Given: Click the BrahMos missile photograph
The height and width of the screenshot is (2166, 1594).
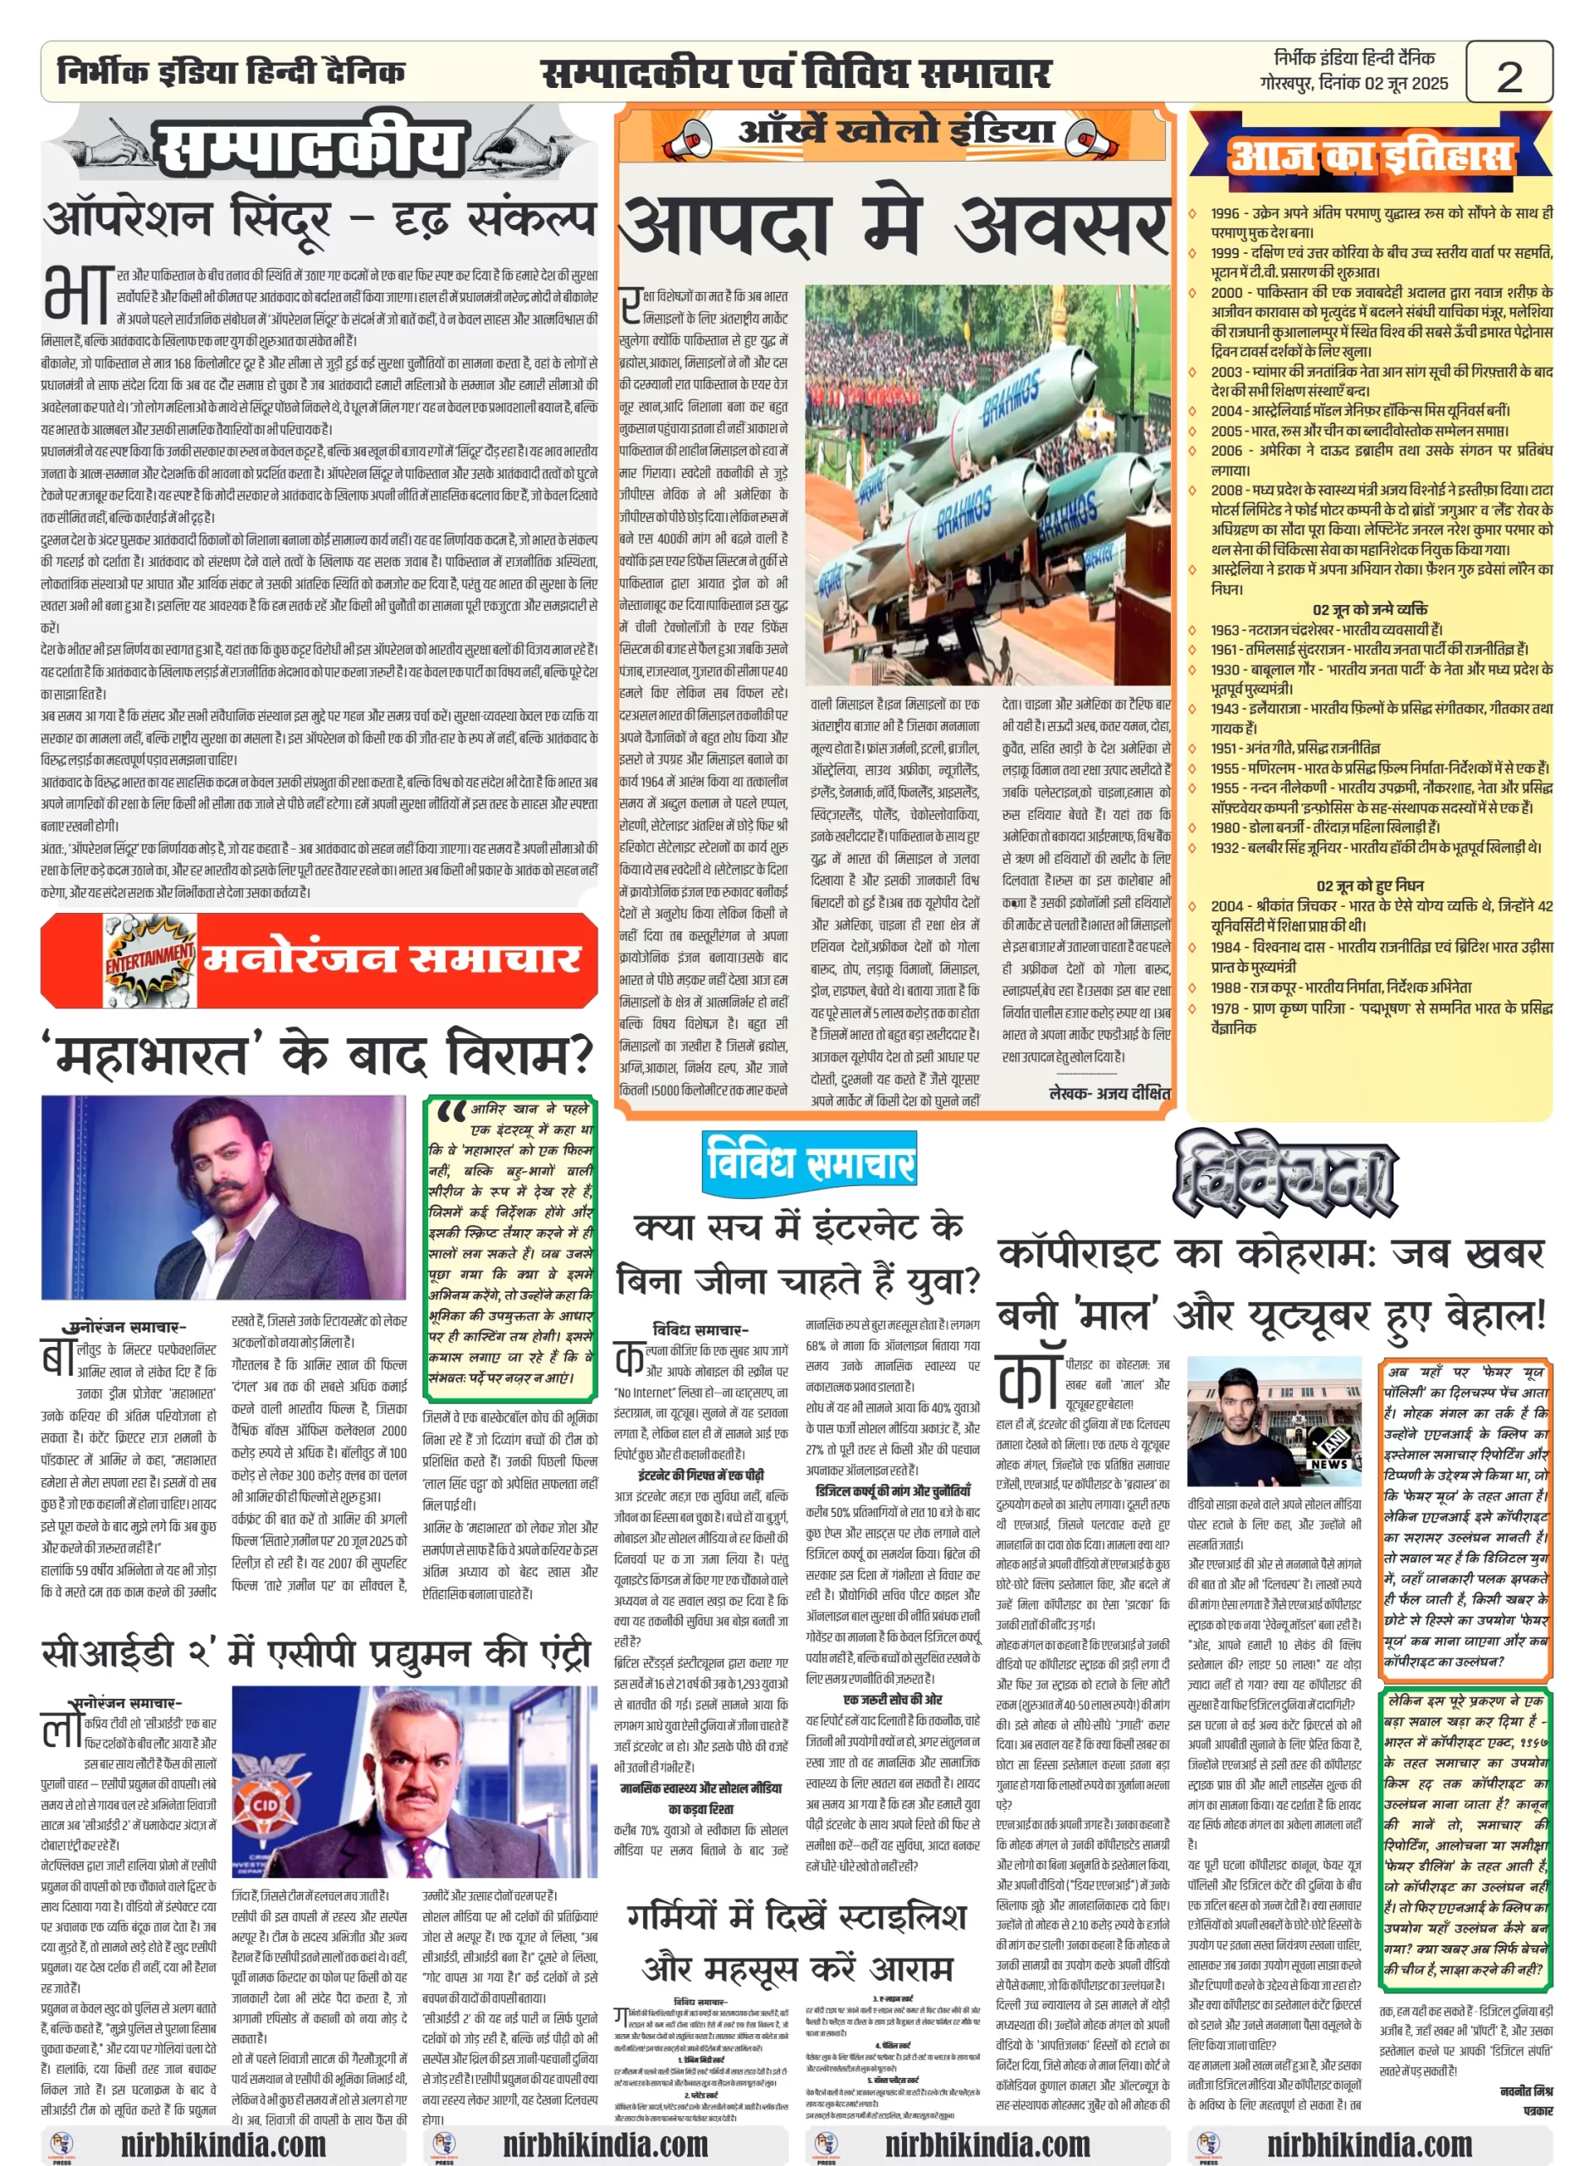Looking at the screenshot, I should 987,484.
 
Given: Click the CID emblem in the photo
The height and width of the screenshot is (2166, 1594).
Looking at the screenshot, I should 266,1802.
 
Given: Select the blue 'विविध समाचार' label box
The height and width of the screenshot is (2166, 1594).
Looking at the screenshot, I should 810,1161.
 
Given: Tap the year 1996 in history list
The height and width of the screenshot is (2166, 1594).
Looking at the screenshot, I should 1225,213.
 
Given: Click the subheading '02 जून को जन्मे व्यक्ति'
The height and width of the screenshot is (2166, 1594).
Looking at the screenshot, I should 1370,609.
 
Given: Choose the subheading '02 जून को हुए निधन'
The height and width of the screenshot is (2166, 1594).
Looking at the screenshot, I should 1370,885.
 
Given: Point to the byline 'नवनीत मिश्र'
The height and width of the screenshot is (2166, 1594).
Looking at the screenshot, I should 1525,2090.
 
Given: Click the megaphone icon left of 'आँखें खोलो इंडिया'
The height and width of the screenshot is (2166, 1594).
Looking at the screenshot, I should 686,136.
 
